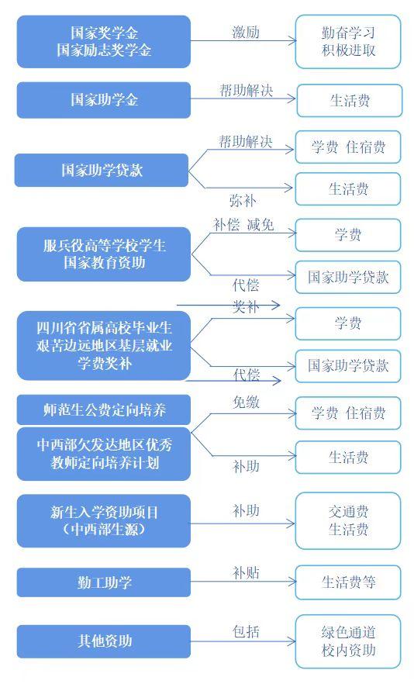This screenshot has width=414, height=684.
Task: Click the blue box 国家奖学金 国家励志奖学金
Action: (104, 42)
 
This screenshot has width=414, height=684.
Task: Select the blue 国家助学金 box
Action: (104, 100)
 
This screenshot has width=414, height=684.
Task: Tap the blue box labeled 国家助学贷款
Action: (102, 170)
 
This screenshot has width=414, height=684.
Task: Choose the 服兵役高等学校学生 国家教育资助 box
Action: (104, 254)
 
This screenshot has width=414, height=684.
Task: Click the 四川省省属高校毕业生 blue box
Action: (104, 346)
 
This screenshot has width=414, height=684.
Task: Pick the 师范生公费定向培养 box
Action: (104, 410)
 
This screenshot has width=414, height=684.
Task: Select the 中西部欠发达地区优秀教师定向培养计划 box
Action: (104, 454)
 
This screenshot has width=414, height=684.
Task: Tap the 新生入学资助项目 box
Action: (104, 521)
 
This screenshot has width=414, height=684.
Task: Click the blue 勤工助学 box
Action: (104, 582)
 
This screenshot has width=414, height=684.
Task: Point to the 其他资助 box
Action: (104, 641)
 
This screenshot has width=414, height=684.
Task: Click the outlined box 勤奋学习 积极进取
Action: (348, 42)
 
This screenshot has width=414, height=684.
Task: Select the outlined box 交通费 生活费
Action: (348, 521)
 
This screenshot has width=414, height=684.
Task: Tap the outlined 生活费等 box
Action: (348, 582)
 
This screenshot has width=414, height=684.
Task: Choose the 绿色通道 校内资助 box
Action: (348, 641)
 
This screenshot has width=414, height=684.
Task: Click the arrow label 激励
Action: (246, 32)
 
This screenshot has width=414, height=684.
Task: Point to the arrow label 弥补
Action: (243, 201)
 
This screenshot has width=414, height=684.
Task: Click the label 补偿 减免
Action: (243, 225)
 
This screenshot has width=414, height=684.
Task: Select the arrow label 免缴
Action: (246, 402)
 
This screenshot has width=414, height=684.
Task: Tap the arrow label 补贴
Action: (246, 573)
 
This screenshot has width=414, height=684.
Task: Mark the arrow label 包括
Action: (246, 631)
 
